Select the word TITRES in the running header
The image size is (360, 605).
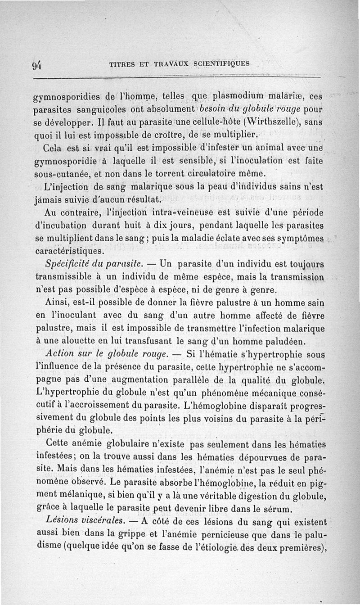(x=121, y=64)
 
